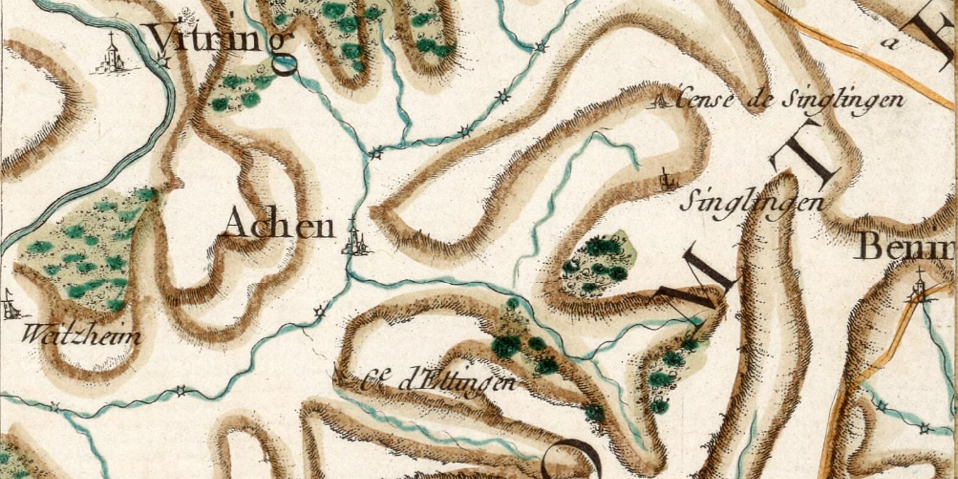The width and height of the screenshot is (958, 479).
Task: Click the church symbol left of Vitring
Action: point(111,53)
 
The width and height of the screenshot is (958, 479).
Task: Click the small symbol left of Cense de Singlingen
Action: point(660,101)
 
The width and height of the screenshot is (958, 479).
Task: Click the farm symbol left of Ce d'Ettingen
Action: point(341,376)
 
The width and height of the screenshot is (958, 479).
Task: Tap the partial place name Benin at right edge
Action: point(905,247)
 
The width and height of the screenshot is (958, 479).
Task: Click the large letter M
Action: point(692,282)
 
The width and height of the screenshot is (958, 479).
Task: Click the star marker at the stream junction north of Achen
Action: point(377,153)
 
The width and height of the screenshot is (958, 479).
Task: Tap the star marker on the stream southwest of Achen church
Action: point(320,312)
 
